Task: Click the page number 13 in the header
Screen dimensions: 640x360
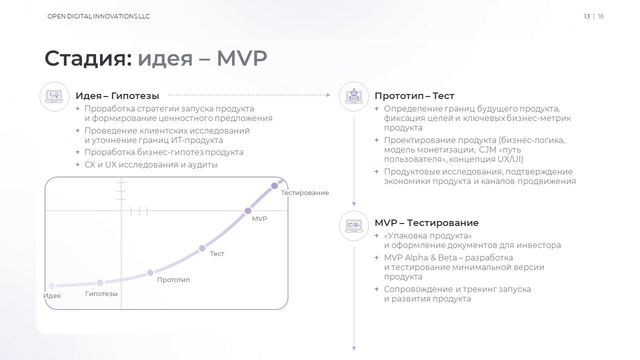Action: click(587, 16)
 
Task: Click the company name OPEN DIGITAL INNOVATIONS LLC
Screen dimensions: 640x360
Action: click(98, 16)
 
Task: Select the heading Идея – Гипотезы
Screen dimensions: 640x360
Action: click(117, 95)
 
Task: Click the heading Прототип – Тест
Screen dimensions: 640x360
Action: click(414, 95)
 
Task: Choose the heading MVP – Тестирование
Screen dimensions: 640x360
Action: click(426, 222)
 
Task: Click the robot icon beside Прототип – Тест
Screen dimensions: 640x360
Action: click(354, 96)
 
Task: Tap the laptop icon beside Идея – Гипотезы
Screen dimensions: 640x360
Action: click(54, 96)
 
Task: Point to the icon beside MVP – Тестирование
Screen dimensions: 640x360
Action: click(354, 225)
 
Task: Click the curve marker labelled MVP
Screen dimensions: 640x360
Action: click(248, 211)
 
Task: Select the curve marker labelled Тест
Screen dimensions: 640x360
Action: click(202, 248)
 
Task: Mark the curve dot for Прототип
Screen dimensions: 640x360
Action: click(150, 273)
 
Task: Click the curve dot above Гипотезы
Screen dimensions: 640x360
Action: click(100, 283)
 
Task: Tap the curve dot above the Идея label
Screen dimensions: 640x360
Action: click(51, 285)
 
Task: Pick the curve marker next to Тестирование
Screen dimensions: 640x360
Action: click(274, 186)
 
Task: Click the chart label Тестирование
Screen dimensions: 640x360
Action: click(305, 193)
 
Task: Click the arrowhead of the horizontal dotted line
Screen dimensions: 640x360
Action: click(328, 95)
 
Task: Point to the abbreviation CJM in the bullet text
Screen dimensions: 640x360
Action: click(487, 149)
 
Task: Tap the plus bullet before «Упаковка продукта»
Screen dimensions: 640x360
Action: click(376, 235)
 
